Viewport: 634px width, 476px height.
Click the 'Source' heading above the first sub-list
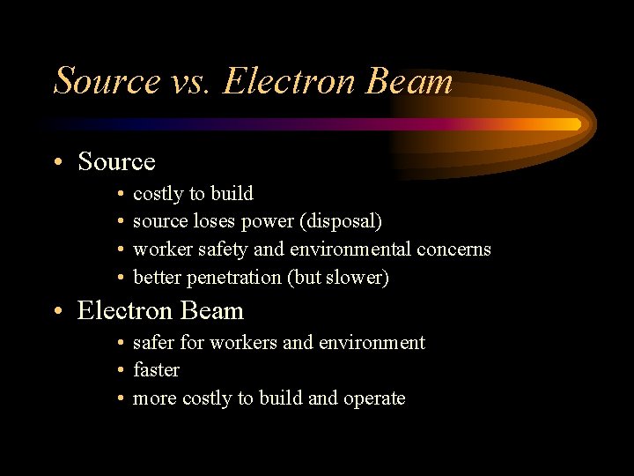pos(116,162)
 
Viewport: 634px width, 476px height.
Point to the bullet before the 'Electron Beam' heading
pos(57,312)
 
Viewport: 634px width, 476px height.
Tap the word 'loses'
pos(217,221)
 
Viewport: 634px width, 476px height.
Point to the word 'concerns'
pos(453,249)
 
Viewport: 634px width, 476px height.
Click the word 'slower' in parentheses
pos(355,278)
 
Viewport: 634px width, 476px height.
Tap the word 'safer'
pos(153,342)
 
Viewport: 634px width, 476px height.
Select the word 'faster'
pos(156,370)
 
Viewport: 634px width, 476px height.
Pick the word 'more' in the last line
pos(154,398)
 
